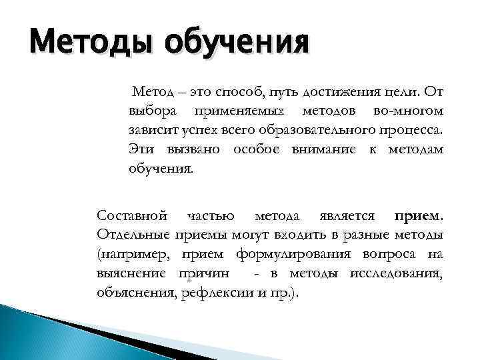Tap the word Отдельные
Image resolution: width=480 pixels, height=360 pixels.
click(x=133, y=235)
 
